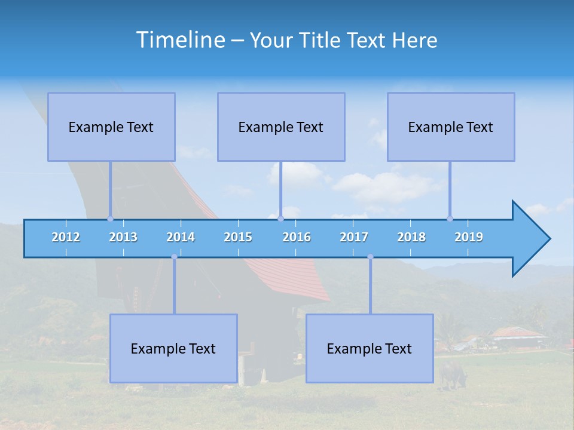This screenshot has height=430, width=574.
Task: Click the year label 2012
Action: point(66,237)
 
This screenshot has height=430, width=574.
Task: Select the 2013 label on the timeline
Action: point(123,237)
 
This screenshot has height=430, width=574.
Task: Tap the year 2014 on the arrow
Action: point(181,237)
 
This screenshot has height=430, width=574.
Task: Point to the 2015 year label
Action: point(238,237)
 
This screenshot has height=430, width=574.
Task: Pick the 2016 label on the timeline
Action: point(297,237)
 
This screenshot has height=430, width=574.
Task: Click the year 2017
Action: point(354,237)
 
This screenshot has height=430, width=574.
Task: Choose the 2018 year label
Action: point(411,237)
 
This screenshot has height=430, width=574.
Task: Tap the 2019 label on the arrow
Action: point(469,237)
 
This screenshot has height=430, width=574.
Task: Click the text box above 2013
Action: point(111,127)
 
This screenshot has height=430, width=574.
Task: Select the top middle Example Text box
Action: point(281,127)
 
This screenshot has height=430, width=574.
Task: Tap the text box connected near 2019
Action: point(451,127)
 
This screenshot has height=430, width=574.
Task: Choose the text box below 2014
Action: point(173,348)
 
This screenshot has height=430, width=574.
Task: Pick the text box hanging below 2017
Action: point(370,348)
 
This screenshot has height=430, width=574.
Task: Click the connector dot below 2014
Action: point(174,257)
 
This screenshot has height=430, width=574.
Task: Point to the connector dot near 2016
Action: point(280,219)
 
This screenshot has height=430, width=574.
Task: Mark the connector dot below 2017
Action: point(370,257)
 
